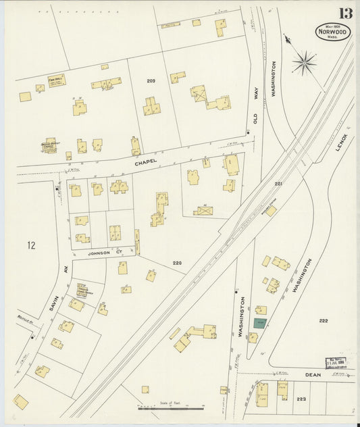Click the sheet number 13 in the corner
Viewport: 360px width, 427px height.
tap(345, 13)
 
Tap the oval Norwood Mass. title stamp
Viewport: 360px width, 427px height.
tap(334, 32)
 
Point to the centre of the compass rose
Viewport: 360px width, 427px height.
tap(305, 64)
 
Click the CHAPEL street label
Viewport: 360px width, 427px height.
tap(145, 162)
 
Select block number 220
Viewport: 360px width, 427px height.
tap(177, 262)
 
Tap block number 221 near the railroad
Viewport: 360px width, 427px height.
tap(278, 184)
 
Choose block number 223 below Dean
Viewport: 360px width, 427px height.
tap(301, 399)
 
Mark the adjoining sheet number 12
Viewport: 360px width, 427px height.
tap(30, 244)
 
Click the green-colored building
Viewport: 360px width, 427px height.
tap(259, 323)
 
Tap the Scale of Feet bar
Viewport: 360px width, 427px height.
tap(170, 407)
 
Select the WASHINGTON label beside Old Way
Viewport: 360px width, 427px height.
tap(274, 81)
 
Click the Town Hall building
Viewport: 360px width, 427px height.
tap(56, 80)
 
